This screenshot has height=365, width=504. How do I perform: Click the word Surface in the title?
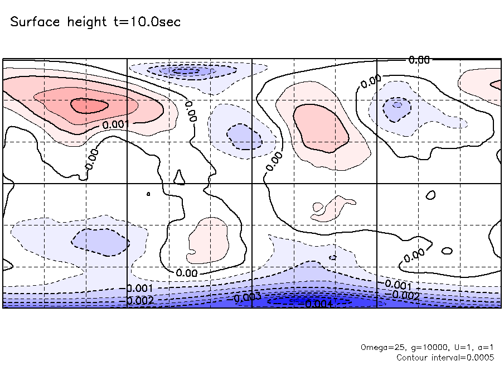pyautogui.click(x=35, y=22)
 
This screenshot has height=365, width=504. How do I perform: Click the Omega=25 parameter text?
pyautogui.click(x=379, y=347)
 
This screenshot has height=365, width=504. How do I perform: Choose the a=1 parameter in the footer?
pyautogui.click(x=484, y=347)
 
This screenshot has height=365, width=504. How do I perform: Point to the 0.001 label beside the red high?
pyautogui.click(x=117, y=124)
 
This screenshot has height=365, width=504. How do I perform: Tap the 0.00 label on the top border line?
pyautogui.click(x=419, y=60)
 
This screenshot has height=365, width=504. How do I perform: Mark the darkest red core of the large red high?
pyautogui.click(x=89, y=105)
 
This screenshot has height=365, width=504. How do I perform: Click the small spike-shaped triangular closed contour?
pyautogui.click(x=179, y=177)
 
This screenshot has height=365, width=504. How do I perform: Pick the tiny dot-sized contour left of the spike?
pyautogui.click(x=148, y=194)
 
